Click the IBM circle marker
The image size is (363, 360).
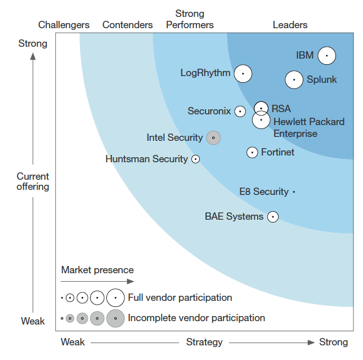[x=326, y=56]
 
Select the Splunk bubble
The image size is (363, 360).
[x=294, y=80]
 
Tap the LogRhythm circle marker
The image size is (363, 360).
[x=243, y=73]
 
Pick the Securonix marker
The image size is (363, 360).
[x=240, y=112]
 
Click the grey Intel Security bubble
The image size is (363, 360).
[x=213, y=137]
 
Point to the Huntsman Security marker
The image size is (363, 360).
[x=195, y=159]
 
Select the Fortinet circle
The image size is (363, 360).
[x=252, y=152]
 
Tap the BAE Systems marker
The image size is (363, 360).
[x=272, y=217]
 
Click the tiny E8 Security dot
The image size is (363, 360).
[x=294, y=192]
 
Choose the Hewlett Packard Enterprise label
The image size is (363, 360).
[x=308, y=127]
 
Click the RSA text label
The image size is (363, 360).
[x=281, y=108]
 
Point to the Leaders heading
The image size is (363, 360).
[x=290, y=25]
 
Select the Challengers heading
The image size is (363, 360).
[x=64, y=25]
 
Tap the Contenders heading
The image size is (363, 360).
[x=128, y=25]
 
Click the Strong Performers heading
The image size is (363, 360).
[x=190, y=19]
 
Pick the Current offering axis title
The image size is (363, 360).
[x=33, y=181]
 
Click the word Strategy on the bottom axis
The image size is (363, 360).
[x=204, y=342]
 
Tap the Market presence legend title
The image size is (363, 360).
[x=97, y=270]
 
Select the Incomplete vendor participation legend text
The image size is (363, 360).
[x=196, y=318]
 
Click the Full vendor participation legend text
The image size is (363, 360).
[x=180, y=297]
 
